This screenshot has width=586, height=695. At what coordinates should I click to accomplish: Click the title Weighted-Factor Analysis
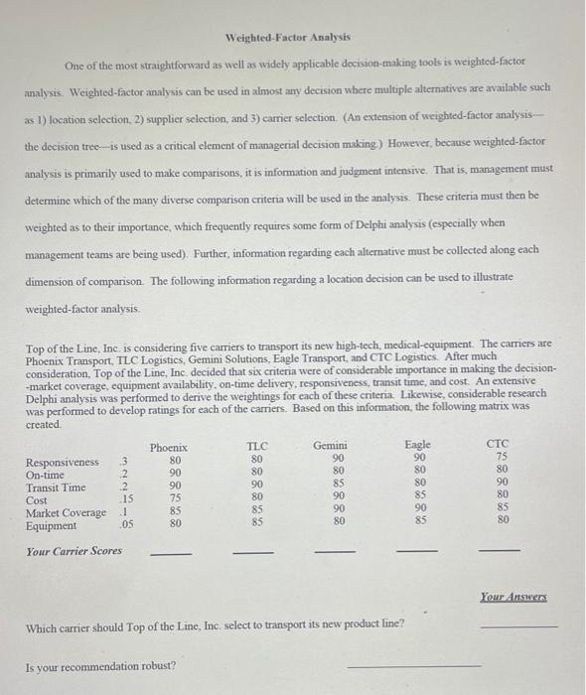288,37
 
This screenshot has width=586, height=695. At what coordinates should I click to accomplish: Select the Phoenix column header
168,448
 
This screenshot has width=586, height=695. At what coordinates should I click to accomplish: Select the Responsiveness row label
63,462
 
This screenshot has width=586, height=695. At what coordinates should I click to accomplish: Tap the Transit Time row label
56,487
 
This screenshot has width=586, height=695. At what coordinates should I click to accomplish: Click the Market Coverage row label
66,512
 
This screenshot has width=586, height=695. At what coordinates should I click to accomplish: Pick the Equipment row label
51,525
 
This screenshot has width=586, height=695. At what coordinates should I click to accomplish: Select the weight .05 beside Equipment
126,525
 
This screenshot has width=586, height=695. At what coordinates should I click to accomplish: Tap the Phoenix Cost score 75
176,499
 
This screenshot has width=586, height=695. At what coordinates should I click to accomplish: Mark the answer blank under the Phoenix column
169,554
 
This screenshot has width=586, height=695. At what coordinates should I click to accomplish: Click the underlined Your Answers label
513,597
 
